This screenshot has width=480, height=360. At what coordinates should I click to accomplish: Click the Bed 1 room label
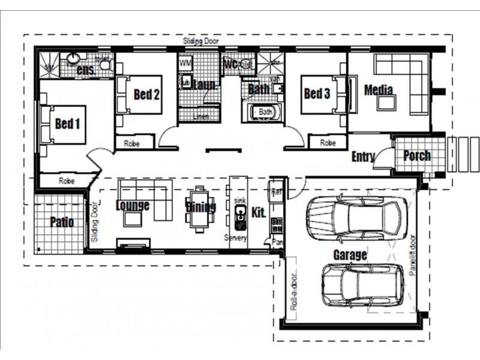tap(67, 124)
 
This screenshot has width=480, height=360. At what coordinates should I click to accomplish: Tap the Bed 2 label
tap(146, 94)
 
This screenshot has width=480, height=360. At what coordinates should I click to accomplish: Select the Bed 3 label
tap(317, 94)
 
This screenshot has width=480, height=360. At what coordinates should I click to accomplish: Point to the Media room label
tap(379, 90)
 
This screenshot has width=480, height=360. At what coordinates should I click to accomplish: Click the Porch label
tap(416, 156)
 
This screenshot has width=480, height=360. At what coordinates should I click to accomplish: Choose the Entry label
tap(363, 157)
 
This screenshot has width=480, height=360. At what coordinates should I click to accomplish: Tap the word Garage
tap(350, 255)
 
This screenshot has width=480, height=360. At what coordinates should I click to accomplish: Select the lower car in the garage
tap(363, 285)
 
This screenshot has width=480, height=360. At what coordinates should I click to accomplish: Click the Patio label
tap(62, 222)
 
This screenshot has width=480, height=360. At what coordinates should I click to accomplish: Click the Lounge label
tap(133, 206)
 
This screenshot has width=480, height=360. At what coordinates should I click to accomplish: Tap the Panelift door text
tap(413, 254)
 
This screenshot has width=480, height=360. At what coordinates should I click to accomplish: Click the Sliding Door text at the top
tap(201, 41)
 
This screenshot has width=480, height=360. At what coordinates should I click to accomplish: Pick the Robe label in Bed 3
tap(328, 143)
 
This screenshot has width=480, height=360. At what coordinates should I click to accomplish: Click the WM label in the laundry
tap(185, 62)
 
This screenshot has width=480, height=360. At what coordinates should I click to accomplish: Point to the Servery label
tap(235, 238)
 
